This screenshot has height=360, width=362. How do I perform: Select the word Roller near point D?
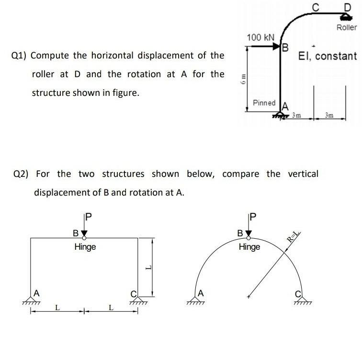[x=346, y=27]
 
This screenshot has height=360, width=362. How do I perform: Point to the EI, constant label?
[x=327, y=56]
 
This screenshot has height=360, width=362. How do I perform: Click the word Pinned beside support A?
[x=264, y=103]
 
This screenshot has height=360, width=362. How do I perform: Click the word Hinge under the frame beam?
[x=85, y=247]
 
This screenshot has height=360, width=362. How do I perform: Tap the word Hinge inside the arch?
[x=249, y=247]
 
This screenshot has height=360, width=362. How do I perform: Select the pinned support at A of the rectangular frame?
[x=32, y=301]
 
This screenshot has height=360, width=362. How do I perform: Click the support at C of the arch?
[x=301, y=301]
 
